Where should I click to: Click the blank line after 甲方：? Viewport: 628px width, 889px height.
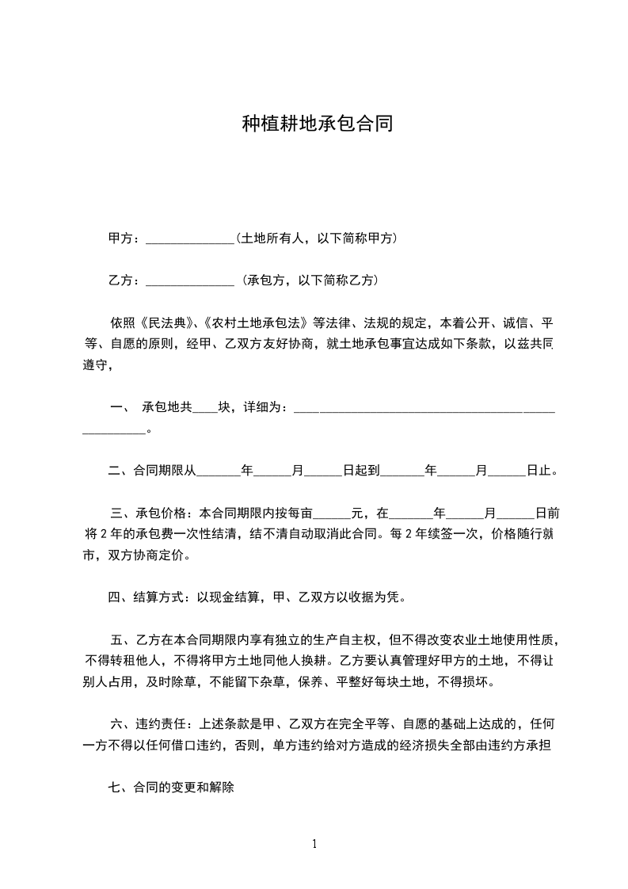190,238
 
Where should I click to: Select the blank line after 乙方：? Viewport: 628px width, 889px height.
190,280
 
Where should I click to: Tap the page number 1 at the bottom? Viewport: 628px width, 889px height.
314,845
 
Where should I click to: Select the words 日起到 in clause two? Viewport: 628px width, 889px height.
361,471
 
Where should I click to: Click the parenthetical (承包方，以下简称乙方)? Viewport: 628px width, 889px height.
311,280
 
